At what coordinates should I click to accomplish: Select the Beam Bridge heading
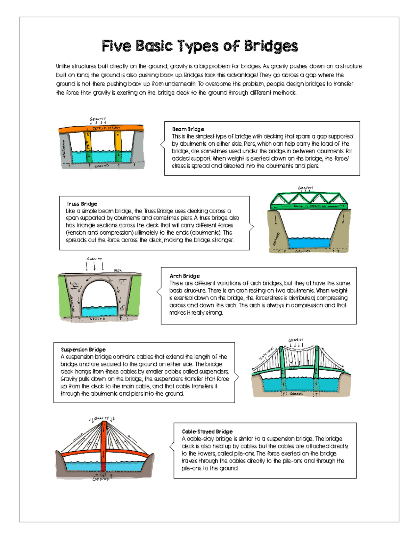tap(188, 129)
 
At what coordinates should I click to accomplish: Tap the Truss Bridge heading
tap(82, 204)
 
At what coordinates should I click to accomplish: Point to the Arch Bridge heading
tap(185, 276)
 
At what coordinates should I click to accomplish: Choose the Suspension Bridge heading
tap(83, 349)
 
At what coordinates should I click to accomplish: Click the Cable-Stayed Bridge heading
tap(207, 432)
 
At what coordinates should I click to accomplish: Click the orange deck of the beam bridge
tap(101, 128)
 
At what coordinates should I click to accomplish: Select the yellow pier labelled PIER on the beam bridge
tap(88, 143)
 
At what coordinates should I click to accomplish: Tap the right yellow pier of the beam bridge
tap(118, 143)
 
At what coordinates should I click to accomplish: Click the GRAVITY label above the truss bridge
tap(305, 188)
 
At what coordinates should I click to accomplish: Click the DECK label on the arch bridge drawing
tap(117, 270)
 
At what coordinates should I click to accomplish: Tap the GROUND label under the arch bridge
tap(97, 319)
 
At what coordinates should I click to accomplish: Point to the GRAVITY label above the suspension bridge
tap(296, 340)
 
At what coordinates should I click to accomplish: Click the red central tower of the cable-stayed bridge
tap(104, 442)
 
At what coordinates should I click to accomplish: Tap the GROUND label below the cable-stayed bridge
tap(101, 479)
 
